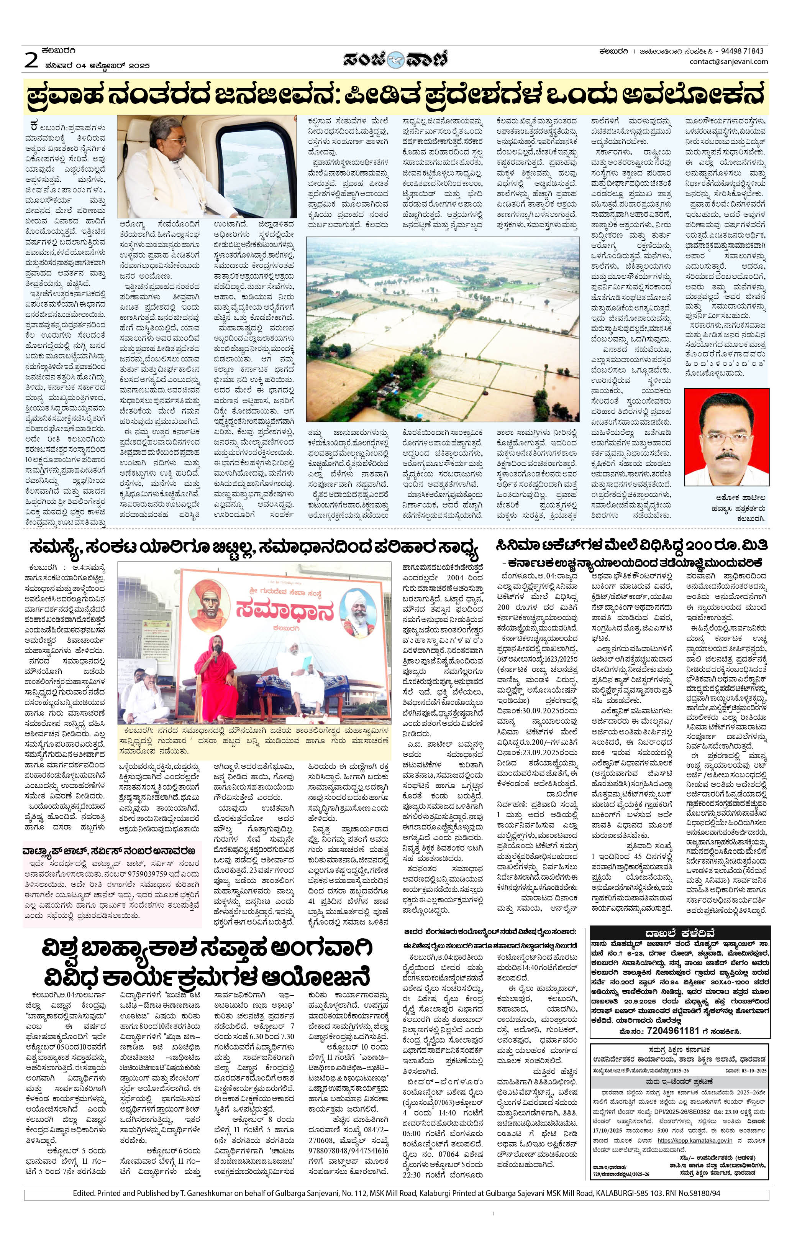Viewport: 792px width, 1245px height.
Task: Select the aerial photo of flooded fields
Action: tap(443, 329)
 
